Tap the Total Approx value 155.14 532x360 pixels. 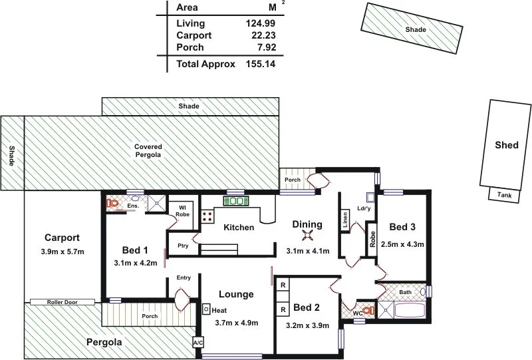coord(260,65)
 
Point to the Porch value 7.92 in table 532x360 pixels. coord(265,48)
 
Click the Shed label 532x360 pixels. coord(507,145)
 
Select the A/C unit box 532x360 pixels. coord(198,343)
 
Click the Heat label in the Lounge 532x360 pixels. coord(219,310)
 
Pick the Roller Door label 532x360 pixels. coord(62,302)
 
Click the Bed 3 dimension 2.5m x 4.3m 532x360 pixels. coord(402,244)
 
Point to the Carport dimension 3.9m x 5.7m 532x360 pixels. coord(63,252)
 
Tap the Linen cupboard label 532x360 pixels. coord(344,219)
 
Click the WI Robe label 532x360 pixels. coord(182,211)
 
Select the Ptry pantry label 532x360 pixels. coord(183,246)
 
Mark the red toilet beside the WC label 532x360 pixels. coord(368,309)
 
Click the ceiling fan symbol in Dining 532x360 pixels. coord(307,236)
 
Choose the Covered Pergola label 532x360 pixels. coord(148,150)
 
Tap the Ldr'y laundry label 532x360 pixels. coord(364,208)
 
